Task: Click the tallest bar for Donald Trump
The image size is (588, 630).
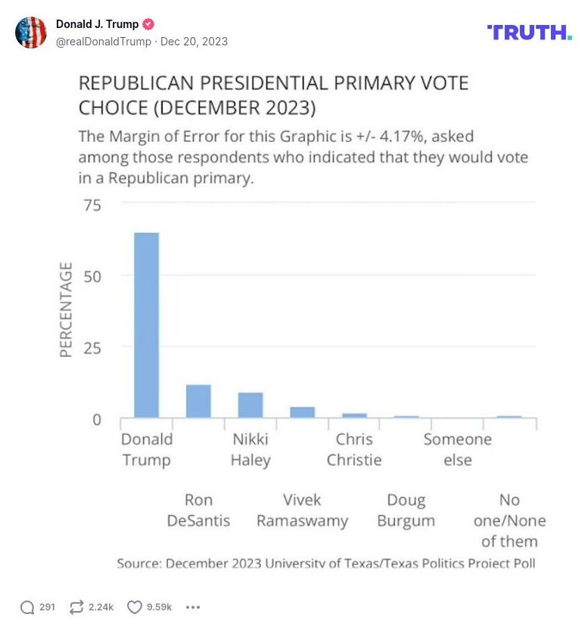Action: pos(147,325)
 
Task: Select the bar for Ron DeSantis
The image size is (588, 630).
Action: pos(198,402)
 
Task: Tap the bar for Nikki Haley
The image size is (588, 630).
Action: pos(250,405)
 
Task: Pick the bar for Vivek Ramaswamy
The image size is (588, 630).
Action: pos(303,412)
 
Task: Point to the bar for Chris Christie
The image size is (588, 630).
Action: pos(354,415)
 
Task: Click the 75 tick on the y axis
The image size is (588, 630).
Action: pos(92,205)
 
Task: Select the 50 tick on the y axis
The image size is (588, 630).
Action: pos(92,277)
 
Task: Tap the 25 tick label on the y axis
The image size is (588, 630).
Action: pos(92,348)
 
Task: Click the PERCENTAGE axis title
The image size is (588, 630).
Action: pos(67,310)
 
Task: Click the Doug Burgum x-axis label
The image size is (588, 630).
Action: pos(406,511)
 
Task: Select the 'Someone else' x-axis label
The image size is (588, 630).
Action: pos(457,449)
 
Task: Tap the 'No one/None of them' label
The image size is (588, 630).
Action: pos(509,520)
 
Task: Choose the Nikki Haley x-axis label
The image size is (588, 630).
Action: pos(250,449)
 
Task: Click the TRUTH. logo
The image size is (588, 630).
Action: pos(529,32)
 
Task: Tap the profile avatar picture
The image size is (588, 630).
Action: pos(31,33)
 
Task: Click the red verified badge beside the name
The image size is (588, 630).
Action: pos(149,24)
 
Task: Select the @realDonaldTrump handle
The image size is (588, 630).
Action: pos(104,42)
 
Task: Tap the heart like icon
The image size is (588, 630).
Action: pos(135,607)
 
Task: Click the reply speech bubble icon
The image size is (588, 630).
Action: pos(27,607)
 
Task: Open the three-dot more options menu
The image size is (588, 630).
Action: pos(193,607)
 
